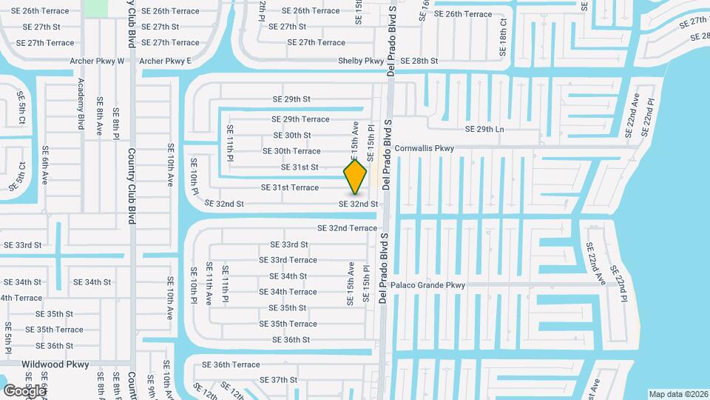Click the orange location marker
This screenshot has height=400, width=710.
pos(356,176)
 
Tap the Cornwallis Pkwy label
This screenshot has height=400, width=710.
pos(424,148)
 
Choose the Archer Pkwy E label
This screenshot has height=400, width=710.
pos(165,61)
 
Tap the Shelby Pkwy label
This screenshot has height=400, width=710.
pos(361,61)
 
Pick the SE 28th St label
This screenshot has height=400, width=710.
pos(419,61)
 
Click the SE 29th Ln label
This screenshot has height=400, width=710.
pos(484,130)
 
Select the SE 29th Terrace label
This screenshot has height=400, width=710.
pos(300,119)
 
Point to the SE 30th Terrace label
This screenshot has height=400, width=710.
pos(291,151)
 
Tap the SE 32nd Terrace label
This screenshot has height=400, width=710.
pos(347,228)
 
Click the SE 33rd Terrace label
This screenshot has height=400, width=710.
pos(288,260)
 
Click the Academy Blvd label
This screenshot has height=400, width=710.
pos(81,104)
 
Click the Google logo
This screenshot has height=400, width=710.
pos(24,390)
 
